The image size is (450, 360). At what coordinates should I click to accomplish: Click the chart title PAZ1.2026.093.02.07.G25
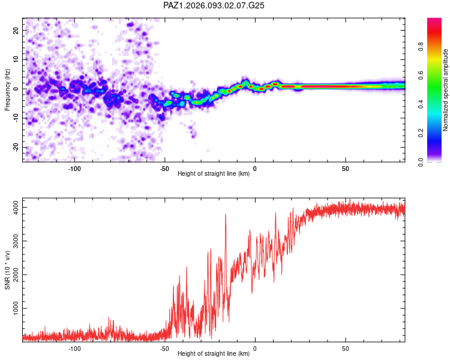point(214,5)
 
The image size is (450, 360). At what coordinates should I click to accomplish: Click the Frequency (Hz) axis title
point(7,89)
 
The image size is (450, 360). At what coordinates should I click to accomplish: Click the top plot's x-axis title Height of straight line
point(214,174)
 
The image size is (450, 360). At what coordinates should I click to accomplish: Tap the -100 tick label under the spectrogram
point(74,169)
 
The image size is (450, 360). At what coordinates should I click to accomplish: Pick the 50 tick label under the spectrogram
point(346,169)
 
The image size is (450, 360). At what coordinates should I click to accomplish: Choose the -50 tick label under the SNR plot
point(164,349)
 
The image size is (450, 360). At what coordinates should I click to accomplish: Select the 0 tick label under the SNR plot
point(255,349)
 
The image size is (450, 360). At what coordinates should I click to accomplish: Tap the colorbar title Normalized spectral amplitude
point(446,90)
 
